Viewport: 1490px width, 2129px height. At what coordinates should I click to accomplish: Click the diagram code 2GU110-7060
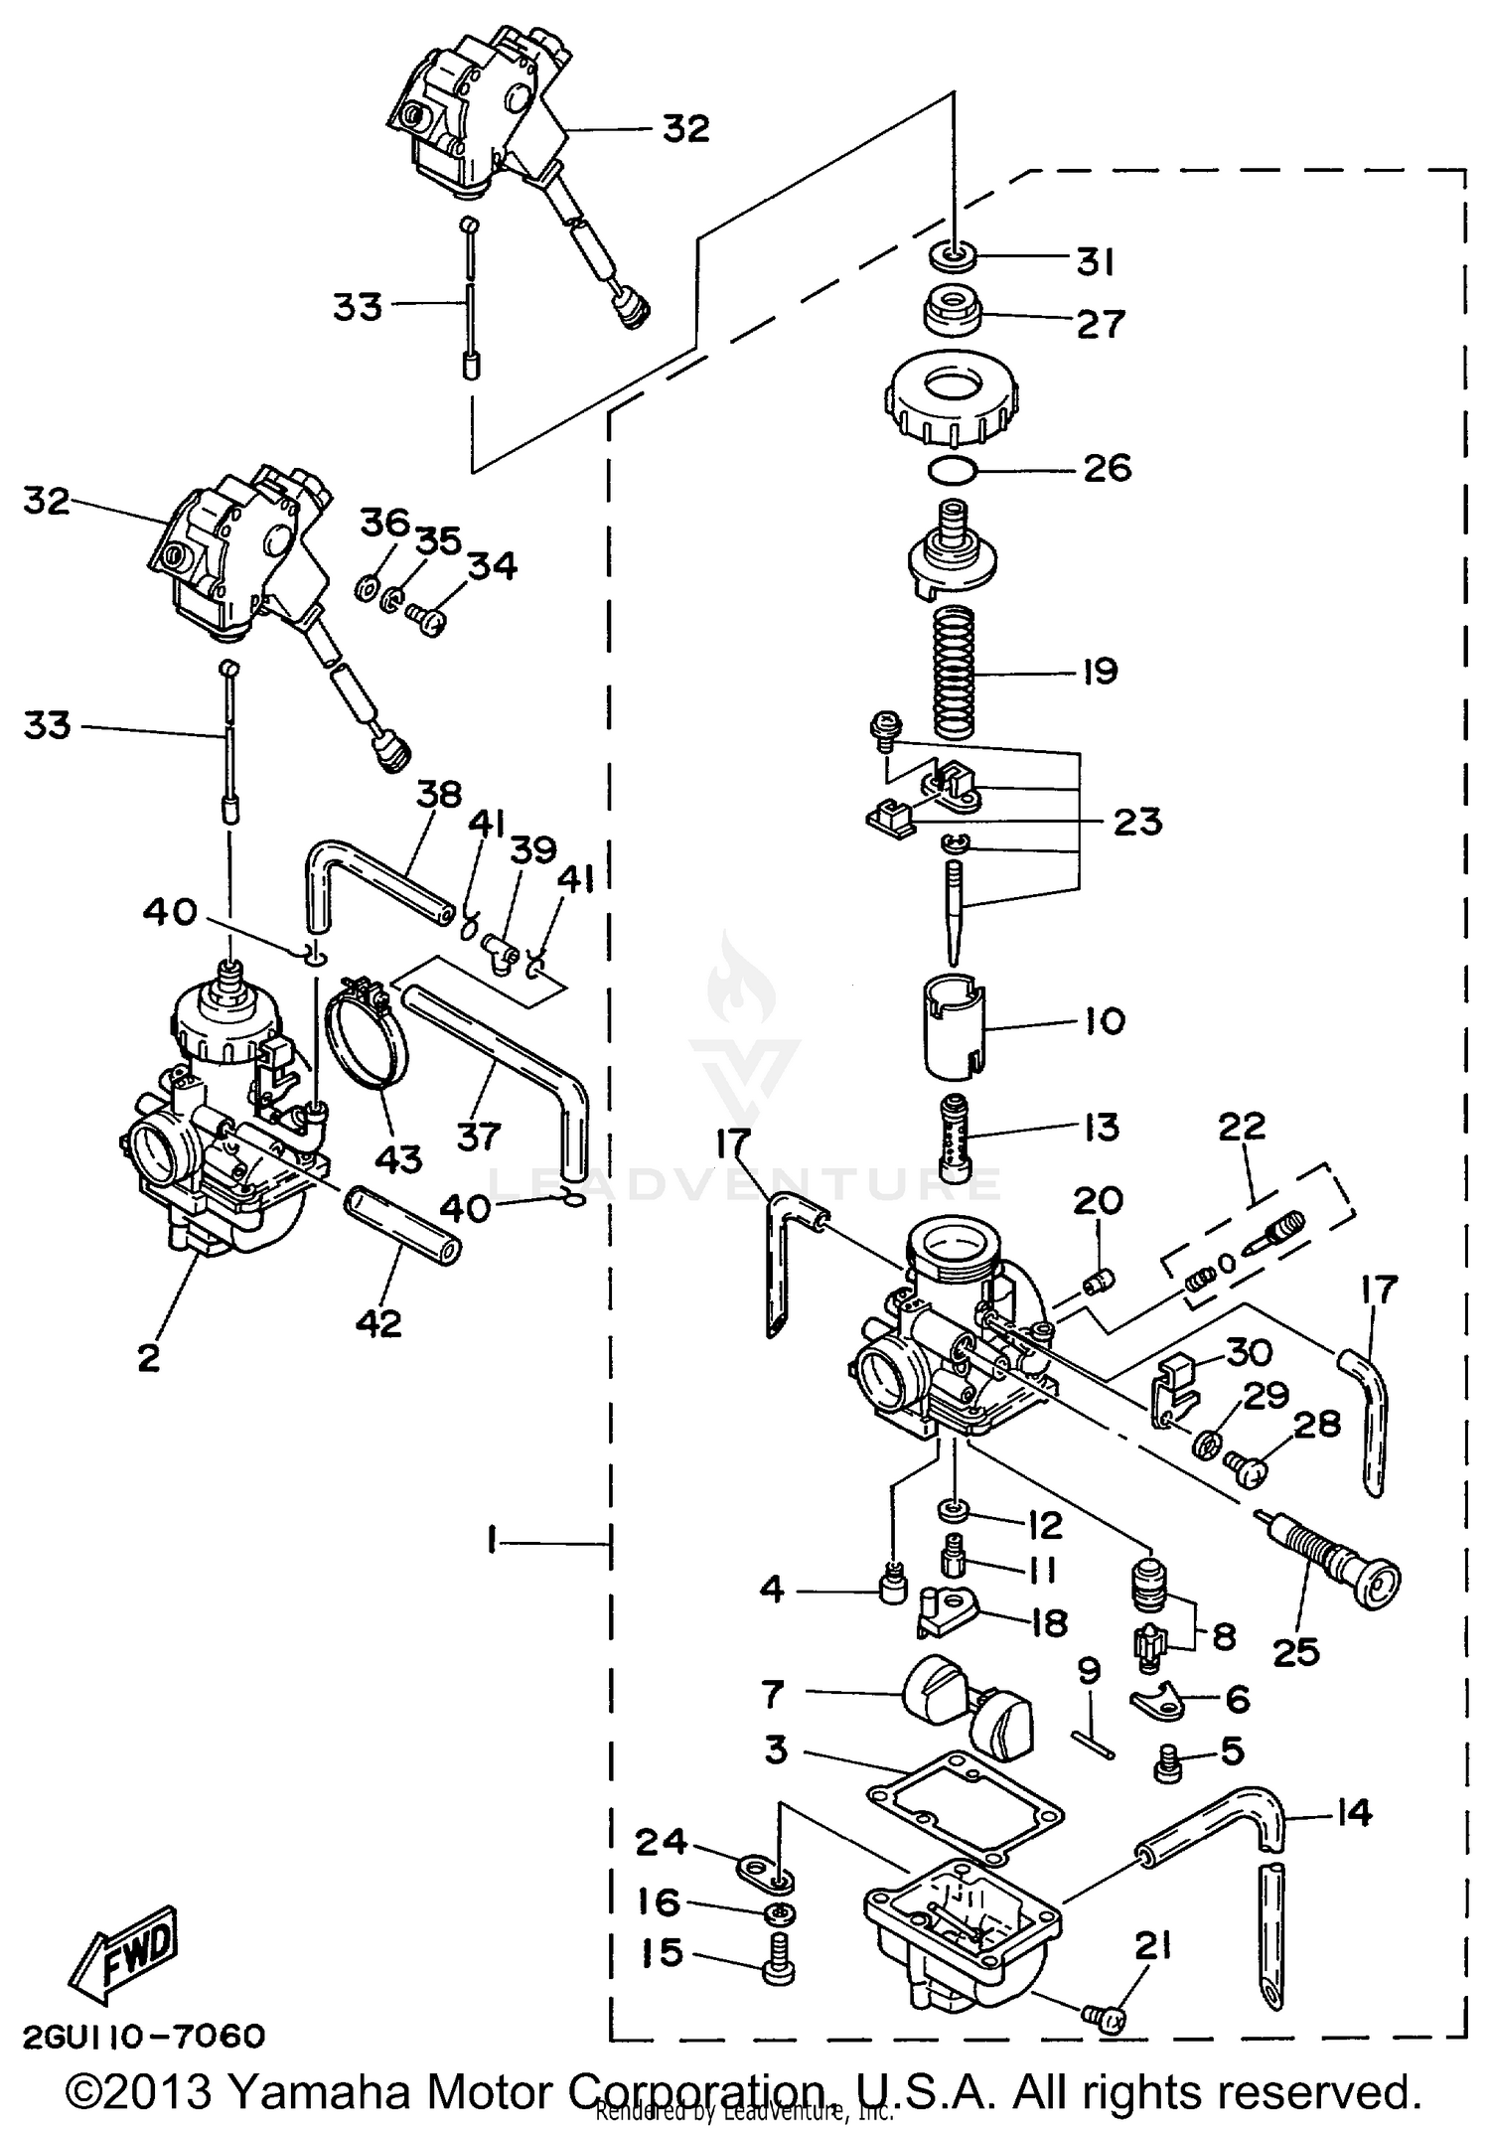point(143,2036)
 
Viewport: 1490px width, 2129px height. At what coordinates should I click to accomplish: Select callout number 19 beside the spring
point(1100,672)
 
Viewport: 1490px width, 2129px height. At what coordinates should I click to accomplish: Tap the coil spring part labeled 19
point(955,673)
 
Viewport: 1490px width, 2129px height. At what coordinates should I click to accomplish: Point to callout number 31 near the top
point(1095,262)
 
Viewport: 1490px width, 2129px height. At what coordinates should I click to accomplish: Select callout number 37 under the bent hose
point(478,1135)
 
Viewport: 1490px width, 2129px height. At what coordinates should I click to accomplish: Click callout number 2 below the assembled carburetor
point(149,1357)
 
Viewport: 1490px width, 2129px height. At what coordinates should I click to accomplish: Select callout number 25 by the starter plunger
point(1295,1652)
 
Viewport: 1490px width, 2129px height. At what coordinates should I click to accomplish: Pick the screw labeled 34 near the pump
point(428,620)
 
